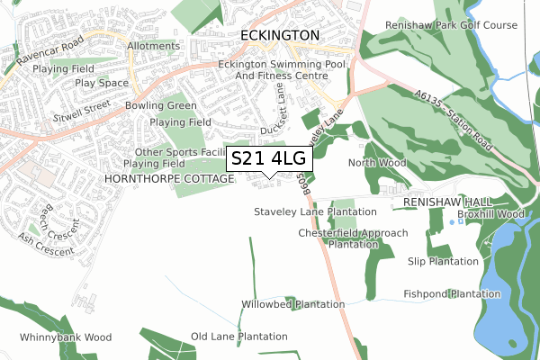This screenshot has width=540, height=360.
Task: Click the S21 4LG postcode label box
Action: click(269, 158)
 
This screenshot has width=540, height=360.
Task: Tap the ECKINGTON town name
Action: click(281, 35)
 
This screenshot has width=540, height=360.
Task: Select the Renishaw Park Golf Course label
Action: click(451, 25)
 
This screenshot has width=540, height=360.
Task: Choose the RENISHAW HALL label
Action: click(445, 203)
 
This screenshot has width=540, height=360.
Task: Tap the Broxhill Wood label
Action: click(490, 215)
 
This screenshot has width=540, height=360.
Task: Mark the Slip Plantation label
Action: click(443, 261)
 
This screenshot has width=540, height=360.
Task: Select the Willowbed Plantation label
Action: click(293, 304)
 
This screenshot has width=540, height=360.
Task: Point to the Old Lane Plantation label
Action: click(239, 337)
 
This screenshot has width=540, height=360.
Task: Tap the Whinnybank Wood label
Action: click(66, 337)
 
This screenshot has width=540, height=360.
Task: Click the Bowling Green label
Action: click(161, 106)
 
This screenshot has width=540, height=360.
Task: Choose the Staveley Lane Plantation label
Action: click(315, 211)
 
